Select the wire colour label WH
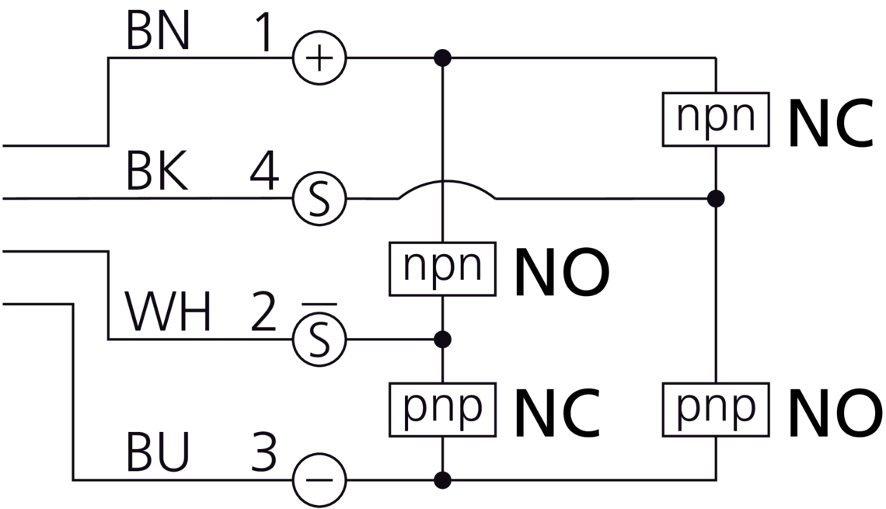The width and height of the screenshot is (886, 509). [168, 313]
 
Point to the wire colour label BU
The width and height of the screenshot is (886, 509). [157, 455]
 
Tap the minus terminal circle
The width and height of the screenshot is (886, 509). [319, 479]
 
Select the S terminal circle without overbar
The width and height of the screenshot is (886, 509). [319, 199]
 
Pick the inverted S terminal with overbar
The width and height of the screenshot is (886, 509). [319, 340]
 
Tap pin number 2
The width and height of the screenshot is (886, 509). [264, 313]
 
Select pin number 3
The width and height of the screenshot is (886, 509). [264, 455]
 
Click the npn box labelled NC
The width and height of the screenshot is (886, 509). [716, 119]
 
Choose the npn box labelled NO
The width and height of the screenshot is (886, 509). [442, 269]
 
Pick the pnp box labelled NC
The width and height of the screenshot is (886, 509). [442, 409]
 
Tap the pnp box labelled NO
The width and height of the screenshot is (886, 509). [716, 409]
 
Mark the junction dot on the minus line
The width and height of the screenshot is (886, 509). [442, 479]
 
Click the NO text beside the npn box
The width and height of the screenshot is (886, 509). [561, 272]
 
